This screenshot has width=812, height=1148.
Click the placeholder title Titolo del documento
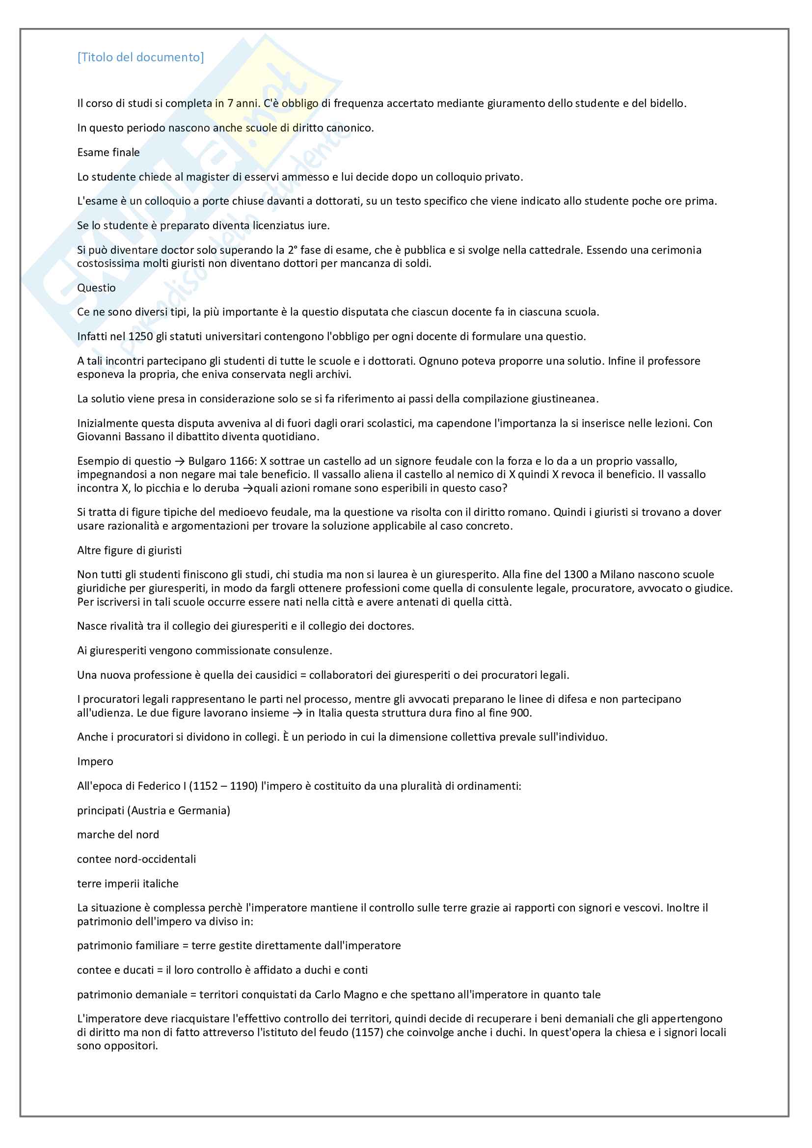pyautogui.click(x=140, y=57)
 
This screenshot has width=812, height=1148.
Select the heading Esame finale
pyautogui.click(x=108, y=153)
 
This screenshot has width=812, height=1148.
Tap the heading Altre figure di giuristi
pyautogui.click(x=130, y=551)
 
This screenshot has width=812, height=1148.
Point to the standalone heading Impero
pyautogui.click(x=95, y=762)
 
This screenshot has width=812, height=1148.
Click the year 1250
pyautogui.click(x=140, y=337)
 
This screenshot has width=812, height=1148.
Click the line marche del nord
pyautogui.click(x=118, y=834)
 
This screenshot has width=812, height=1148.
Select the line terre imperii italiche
pyautogui.click(x=128, y=883)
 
